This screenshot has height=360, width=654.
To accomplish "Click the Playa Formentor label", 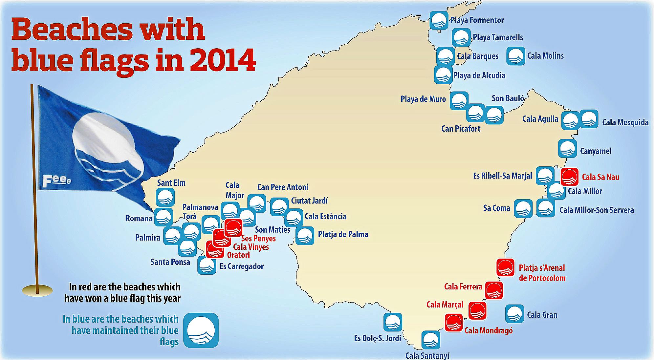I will (477, 20).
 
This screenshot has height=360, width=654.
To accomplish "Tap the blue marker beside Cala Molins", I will (515, 56).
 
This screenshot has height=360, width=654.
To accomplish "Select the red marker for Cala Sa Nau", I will (570, 177).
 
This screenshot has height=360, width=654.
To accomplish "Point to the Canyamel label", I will (596, 151).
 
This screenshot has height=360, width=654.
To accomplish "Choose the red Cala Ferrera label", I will (463, 287).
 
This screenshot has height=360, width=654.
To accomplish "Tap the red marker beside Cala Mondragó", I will (454, 322).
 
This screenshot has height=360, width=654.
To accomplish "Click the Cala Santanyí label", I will (427, 355).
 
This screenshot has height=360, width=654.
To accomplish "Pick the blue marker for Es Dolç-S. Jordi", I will (393, 322).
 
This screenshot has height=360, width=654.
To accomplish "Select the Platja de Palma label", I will (343, 235).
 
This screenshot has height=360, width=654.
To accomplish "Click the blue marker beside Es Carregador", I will (207, 265).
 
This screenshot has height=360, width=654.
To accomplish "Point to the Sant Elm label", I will (171, 183).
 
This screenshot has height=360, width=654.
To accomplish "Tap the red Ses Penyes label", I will (258, 239).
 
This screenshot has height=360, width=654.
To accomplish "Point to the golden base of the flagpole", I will (37, 290).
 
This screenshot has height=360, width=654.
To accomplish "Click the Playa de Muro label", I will (423, 99).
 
